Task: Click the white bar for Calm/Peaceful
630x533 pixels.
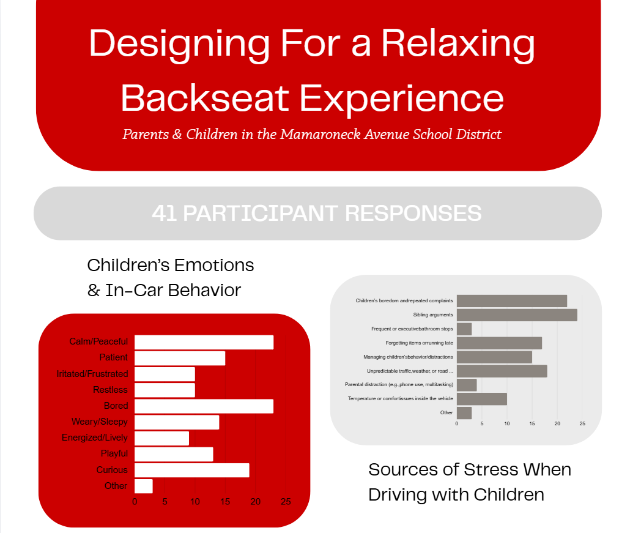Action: pyautogui.click(x=204, y=342)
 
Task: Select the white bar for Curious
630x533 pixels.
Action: pyautogui.click(x=192, y=471)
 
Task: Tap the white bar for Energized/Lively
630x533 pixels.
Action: pyautogui.click(x=162, y=438)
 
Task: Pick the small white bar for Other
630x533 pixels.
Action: pyautogui.click(x=144, y=486)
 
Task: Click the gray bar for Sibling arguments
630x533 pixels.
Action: pyautogui.click(x=517, y=315)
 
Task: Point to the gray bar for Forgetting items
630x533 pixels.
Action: pyautogui.click(x=500, y=343)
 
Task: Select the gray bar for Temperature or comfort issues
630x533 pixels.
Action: pyautogui.click(x=482, y=399)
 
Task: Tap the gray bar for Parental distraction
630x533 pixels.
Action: pyautogui.click(x=467, y=385)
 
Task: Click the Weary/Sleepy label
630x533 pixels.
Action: pyautogui.click(x=100, y=422)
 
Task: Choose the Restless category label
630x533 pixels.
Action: pyautogui.click(x=111, y=390)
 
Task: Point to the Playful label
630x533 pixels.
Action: pyautogui.click(x=114, y=453)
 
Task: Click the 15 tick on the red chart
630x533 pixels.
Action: pyautogui.click(x=225, y=502)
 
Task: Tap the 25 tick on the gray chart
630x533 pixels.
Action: pyautogui.click(x=582, y=423)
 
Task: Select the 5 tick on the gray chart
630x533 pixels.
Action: pyautogui.click(x=482, y=423)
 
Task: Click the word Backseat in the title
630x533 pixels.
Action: pyautogui.click(x=205, y=98)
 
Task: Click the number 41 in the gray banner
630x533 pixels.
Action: pyautogui.click(x=164, y=213)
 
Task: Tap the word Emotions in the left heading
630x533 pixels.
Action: pyautogui.click(x=213, y=266)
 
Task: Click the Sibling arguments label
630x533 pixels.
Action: pyautogui.click(x=433, y=315)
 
